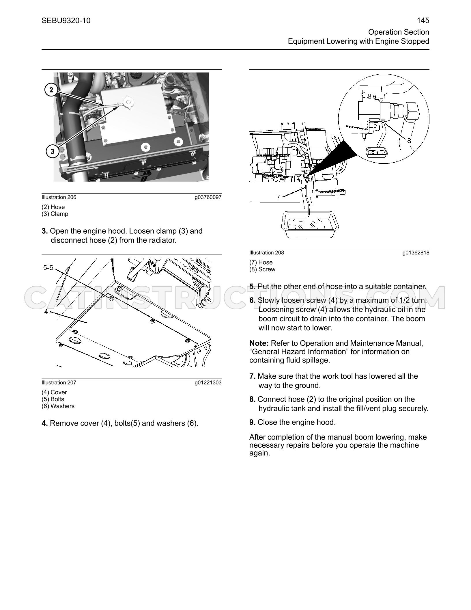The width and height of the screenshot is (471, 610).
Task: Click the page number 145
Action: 423,21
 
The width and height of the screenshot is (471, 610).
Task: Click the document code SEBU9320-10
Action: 66,21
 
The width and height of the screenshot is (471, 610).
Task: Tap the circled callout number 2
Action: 51,90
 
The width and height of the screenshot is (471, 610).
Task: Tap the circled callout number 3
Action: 52,151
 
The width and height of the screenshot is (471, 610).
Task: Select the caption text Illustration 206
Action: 59,197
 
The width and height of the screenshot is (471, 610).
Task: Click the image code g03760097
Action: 208,197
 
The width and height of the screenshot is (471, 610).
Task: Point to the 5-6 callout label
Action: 48,268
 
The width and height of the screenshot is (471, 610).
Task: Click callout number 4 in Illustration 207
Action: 46,312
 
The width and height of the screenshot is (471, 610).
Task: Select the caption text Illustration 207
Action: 59,383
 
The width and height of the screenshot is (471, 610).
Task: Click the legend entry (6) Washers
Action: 58,406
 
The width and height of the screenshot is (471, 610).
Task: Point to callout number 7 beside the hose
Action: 279,197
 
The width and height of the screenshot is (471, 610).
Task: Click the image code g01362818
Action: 416,253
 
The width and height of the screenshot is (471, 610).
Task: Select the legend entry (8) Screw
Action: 262,269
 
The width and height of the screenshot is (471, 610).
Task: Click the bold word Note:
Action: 259,343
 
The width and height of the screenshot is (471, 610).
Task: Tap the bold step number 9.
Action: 253,422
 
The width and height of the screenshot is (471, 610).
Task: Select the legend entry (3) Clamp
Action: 55,214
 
